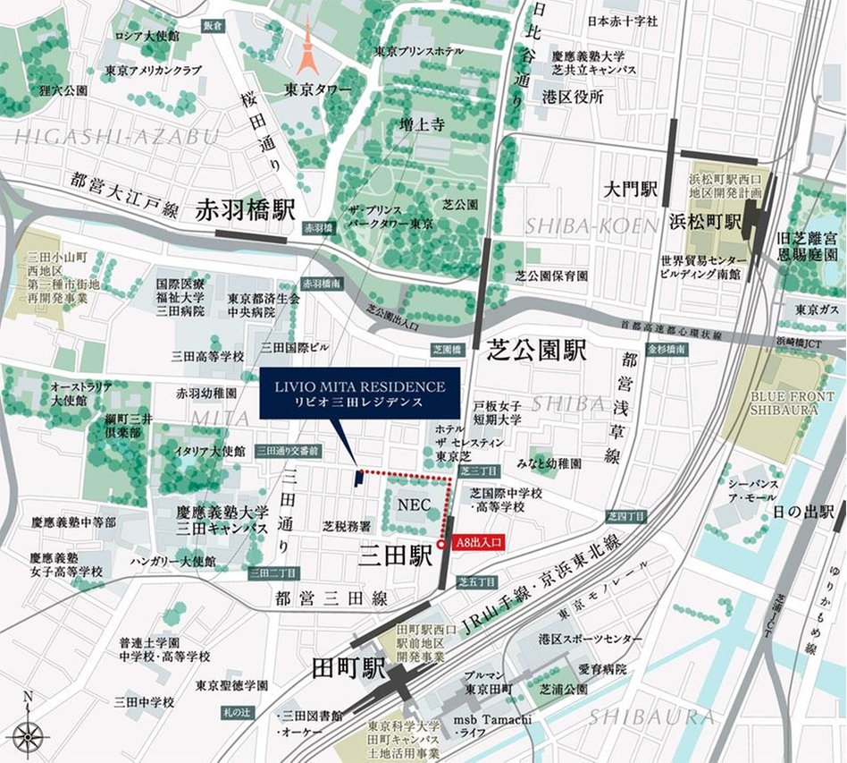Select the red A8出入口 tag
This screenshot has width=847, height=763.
click(x=481, y=542)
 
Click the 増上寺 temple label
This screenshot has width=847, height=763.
click(x=422, y=125)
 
